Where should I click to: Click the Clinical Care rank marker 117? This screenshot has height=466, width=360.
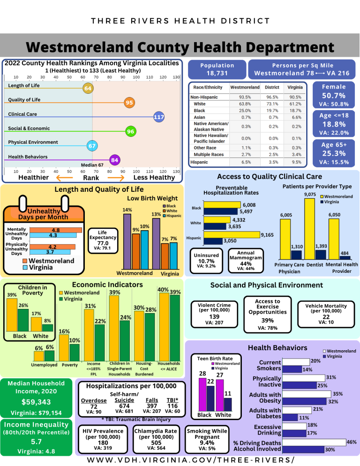[158, 117]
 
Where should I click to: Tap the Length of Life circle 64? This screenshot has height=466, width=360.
[88, 88]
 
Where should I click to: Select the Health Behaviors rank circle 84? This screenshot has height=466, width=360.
[114, 160]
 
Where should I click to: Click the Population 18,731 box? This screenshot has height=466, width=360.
[217, 69]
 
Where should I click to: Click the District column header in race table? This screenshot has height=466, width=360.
[272, 88]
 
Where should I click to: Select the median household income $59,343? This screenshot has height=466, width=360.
[37, 402]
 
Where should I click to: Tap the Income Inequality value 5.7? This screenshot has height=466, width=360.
[37, 442]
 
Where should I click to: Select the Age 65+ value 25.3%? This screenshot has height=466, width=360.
[333, 153]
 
